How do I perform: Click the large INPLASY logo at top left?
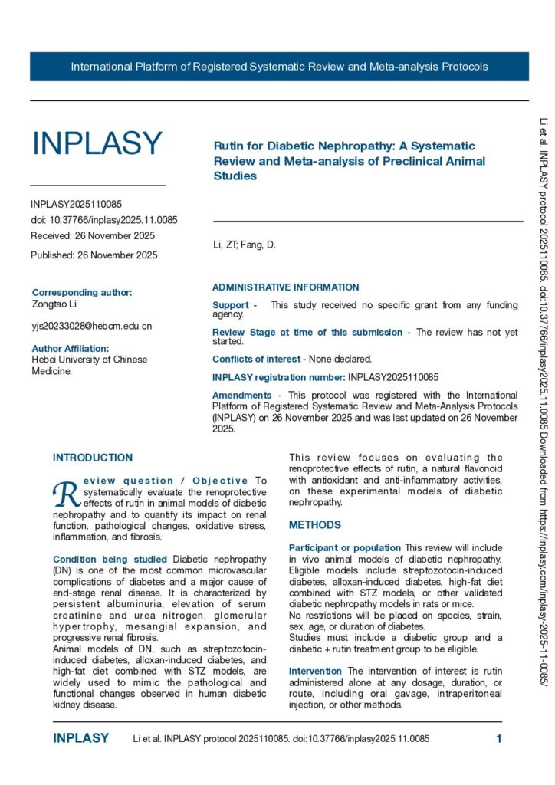[97, 143]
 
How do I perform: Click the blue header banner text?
[279, 67]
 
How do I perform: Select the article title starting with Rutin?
[344, 160]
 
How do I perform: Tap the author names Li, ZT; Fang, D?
[244, 245]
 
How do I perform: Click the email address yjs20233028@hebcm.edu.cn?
[91, 326]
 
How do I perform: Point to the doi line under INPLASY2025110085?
[104, 220]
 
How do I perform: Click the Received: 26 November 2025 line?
[93, 235]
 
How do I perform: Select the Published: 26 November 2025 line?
[94, 255]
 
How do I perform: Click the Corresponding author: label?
[82, 292]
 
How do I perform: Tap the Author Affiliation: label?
[71, 348]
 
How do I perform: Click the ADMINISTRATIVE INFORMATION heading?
[285, 287]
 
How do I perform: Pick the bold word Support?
[231, 305]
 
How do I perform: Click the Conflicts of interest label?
[259, 358]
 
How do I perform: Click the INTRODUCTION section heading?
[93, 458]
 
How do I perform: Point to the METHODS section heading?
[315, 504]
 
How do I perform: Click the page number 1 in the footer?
[498, 739]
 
